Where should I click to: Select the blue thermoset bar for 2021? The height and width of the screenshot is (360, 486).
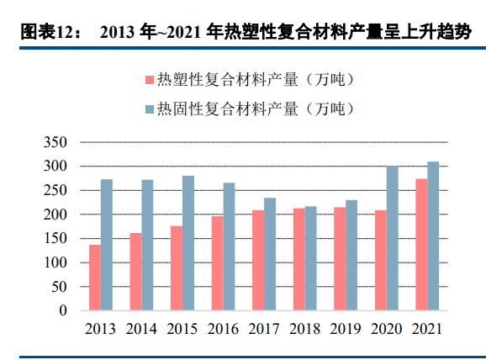[433, 236]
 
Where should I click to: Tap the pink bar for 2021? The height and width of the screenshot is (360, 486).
[421, 245]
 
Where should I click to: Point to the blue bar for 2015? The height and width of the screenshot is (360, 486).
[188, 243]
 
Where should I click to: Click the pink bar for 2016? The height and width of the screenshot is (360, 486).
[217, 263]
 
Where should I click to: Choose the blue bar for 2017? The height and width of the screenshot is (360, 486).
[270, 254]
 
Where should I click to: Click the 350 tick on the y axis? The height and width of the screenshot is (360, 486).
[55, 142]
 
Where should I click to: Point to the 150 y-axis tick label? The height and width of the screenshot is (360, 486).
[55, 239]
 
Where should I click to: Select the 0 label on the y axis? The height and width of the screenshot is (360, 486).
[62, 310]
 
